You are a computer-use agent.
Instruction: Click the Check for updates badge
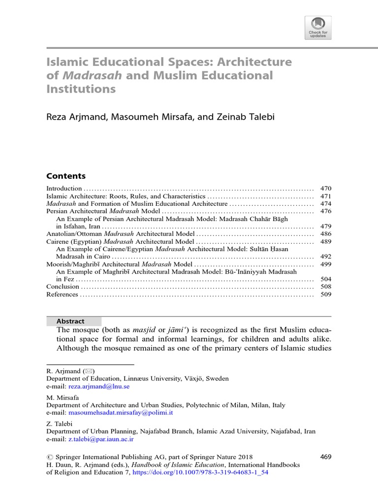tap(318, 27)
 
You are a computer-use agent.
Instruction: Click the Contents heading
tap(65, 176)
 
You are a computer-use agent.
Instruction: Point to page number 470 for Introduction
tap(326, 189)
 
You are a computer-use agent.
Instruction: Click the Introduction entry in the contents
tap(64, 189)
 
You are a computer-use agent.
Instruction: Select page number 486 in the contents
tap(326, 234)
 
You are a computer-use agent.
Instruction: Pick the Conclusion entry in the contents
tap(63, 286)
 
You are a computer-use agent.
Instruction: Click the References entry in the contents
tap(62, 294)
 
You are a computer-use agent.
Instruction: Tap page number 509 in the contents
tap(326, 294)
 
